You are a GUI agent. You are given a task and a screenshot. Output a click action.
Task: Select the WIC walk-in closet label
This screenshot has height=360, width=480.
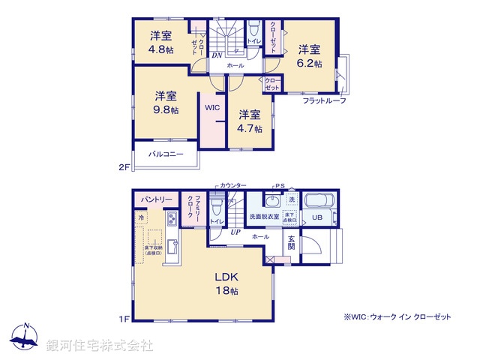coord(212,107)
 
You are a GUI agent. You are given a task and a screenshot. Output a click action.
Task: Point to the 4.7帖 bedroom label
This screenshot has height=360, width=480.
coord(250,121)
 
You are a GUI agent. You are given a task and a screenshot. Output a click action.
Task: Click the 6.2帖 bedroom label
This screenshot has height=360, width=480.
coord(310,57)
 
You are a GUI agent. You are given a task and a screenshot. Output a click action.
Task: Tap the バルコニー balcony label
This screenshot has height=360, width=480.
coord(166,154)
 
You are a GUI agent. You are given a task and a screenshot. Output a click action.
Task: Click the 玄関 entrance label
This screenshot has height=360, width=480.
coord(292,243)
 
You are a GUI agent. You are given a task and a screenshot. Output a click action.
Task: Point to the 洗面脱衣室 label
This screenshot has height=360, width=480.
coord(264,217)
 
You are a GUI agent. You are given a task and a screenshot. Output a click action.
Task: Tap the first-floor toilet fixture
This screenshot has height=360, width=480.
coord(217,205)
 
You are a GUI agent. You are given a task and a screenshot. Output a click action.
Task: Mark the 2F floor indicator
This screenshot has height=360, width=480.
coord(124,167)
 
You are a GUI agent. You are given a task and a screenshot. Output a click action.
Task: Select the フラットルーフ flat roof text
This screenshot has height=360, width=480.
coord(325,100)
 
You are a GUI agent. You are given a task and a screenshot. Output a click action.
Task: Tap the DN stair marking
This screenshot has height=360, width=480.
coord(216,55)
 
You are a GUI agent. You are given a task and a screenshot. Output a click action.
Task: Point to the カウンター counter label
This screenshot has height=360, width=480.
coord(233,185)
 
